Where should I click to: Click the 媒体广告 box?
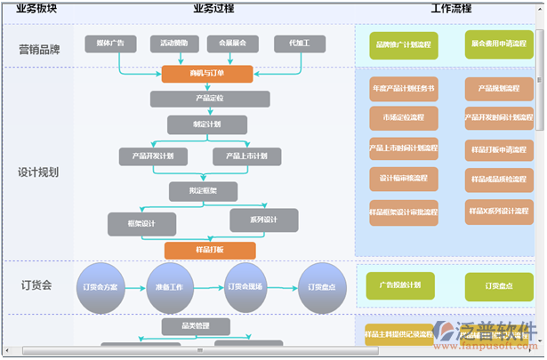(110, 43)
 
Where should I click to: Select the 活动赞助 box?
(173, 43)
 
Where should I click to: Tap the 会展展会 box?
(232, 43)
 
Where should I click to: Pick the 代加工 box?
(294, 43)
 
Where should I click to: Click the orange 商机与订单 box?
(207, 74)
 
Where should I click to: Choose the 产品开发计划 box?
(154, 156)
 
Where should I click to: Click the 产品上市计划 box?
(246, 156)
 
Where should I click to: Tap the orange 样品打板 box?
(209, 251)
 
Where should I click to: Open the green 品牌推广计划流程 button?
(403, 44)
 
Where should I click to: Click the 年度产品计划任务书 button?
(403, 89)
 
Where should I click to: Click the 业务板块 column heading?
(36, 8)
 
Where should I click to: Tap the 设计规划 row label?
(38, 172)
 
